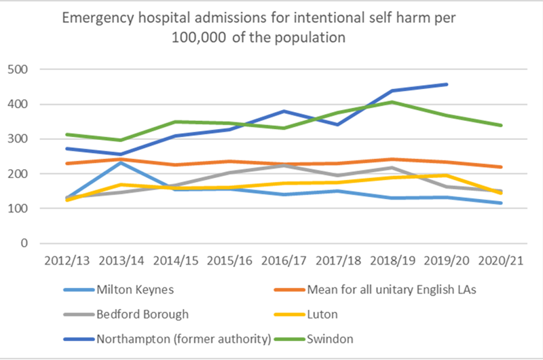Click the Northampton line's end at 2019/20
coord(447,84)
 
